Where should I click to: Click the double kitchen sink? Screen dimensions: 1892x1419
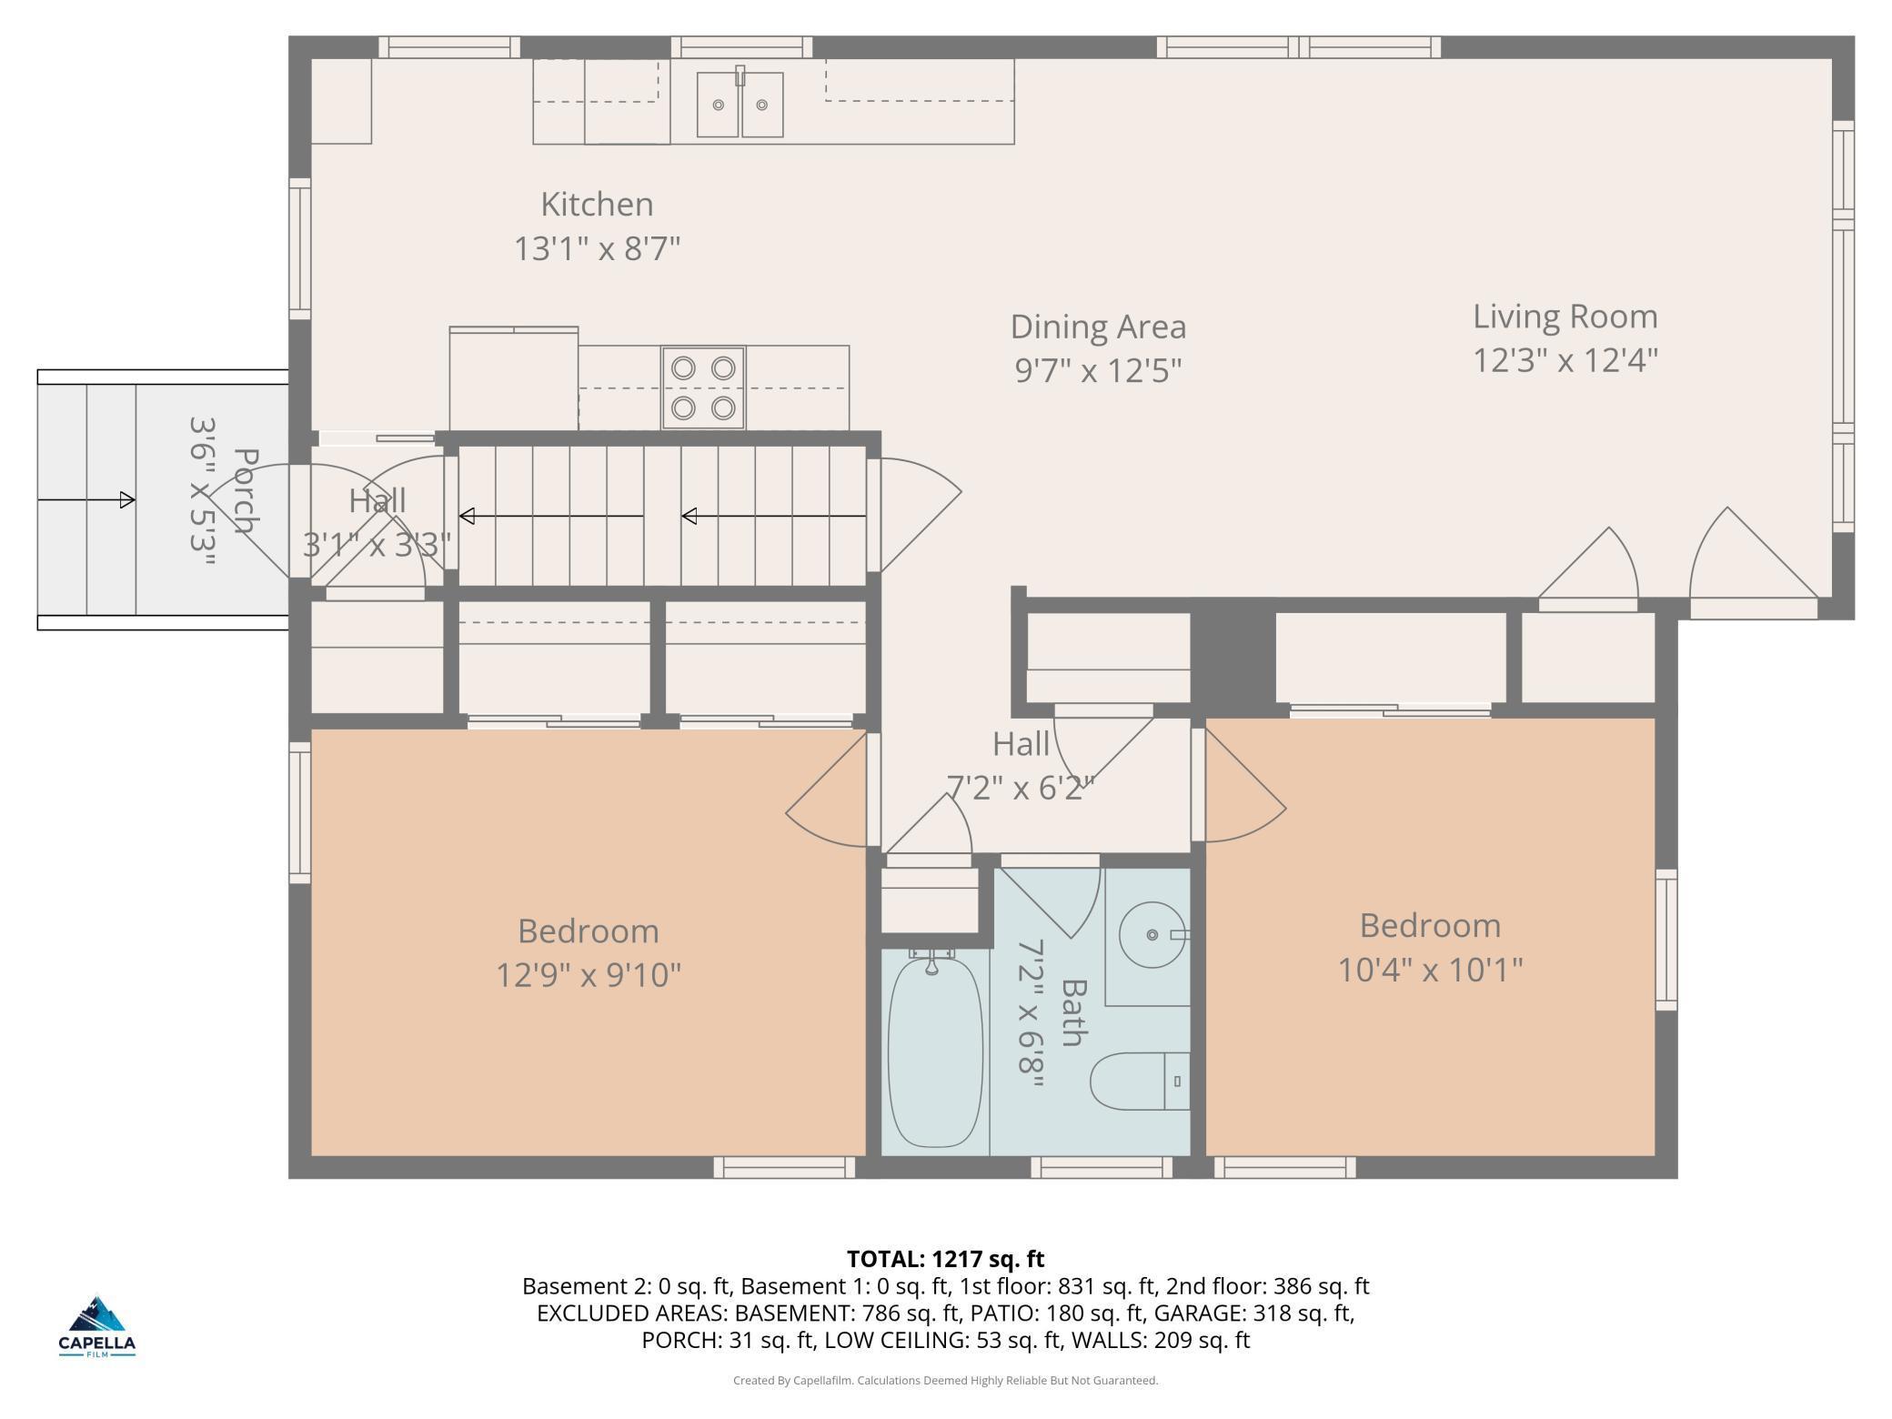[740, 104]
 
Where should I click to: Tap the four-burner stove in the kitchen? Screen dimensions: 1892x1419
[703, 387]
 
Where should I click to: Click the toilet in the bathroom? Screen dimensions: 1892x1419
[1140, 1082]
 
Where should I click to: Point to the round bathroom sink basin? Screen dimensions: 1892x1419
[1152, 934]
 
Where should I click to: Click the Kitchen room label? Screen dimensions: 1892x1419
[597, 204]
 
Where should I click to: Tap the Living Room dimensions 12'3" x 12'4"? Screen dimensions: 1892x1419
[1565, 360]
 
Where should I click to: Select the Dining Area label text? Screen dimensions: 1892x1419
[1098, 327]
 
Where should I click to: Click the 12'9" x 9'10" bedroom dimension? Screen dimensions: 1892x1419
[589, 975]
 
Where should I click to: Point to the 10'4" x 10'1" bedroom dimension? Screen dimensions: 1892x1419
[1430, 970]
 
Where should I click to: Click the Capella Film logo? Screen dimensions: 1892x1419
[97, 1325]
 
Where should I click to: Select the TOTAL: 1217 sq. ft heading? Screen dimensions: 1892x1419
[945, 1259]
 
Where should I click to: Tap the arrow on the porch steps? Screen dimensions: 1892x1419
[86, 499]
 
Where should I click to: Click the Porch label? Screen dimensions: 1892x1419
[246, 491]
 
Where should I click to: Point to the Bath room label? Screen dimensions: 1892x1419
[1074, 1012]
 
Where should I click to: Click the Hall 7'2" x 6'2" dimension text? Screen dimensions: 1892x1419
[1021, 787]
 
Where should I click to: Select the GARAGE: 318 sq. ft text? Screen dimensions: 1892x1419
[1254, 1313]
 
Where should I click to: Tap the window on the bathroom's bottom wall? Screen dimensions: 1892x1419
[1102, 1167]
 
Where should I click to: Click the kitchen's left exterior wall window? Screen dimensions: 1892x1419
[299, 248]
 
